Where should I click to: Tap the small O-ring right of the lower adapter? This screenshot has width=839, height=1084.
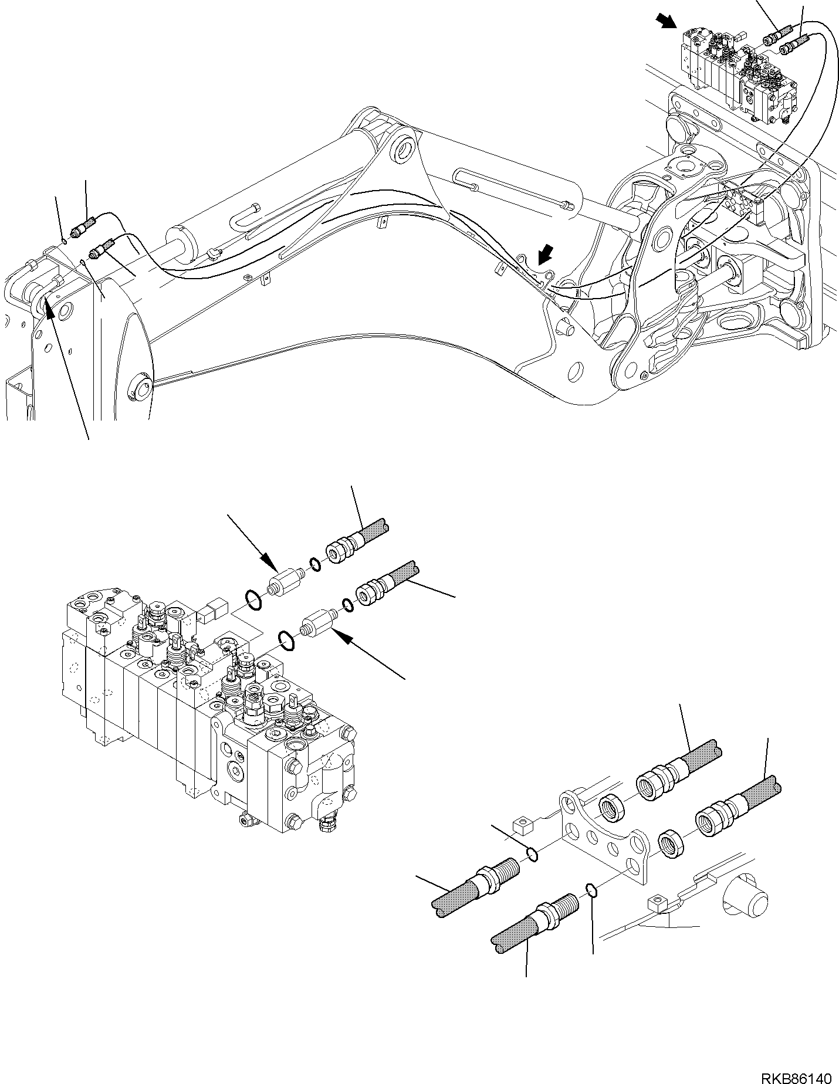[x=347, y=604]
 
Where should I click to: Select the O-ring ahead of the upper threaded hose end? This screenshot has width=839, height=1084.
[x=533, y=854]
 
